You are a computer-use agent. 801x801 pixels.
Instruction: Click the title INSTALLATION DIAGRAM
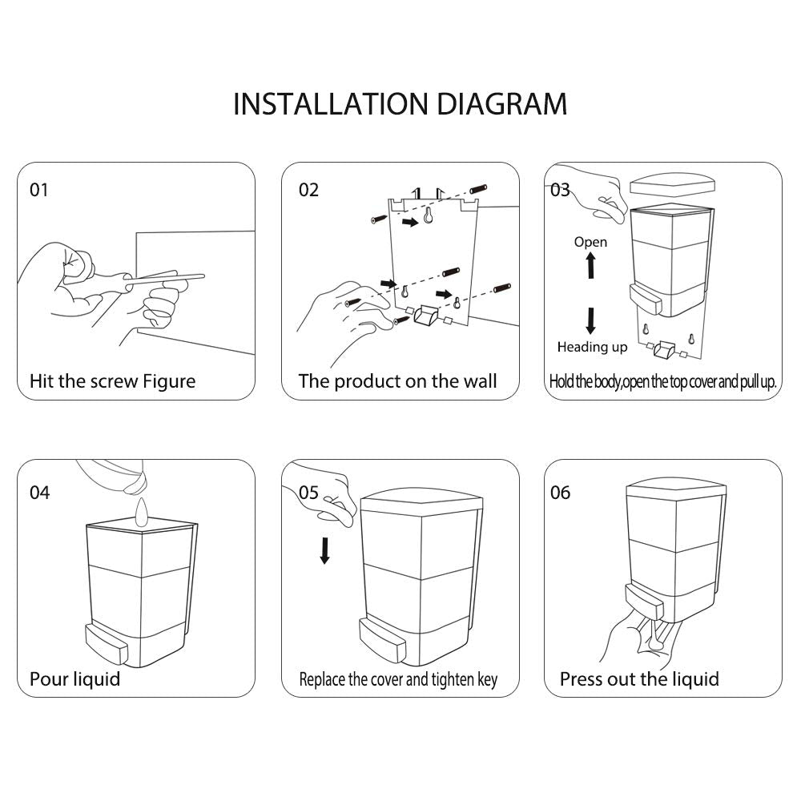(400, 105)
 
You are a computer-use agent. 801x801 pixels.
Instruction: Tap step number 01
(39, 190)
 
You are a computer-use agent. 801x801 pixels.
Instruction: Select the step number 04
(39, 492)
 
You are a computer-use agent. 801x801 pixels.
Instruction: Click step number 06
(560, 492)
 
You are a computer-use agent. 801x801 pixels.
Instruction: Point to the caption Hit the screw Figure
(112, 381)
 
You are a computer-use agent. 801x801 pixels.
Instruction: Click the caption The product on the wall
(397, 381)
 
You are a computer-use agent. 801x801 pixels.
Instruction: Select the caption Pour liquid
(74, 679)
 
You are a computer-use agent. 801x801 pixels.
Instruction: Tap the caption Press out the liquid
(639, 679)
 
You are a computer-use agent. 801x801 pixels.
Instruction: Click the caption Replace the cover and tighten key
(398, 680)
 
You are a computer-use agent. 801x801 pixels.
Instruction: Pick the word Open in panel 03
(590, 242)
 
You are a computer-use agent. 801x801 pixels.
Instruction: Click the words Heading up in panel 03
(592, 347)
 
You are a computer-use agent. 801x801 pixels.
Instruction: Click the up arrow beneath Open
(591, 264)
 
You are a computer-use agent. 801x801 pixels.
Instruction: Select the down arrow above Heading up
(591, 320)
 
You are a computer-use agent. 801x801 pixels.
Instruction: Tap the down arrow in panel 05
(324, 549)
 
